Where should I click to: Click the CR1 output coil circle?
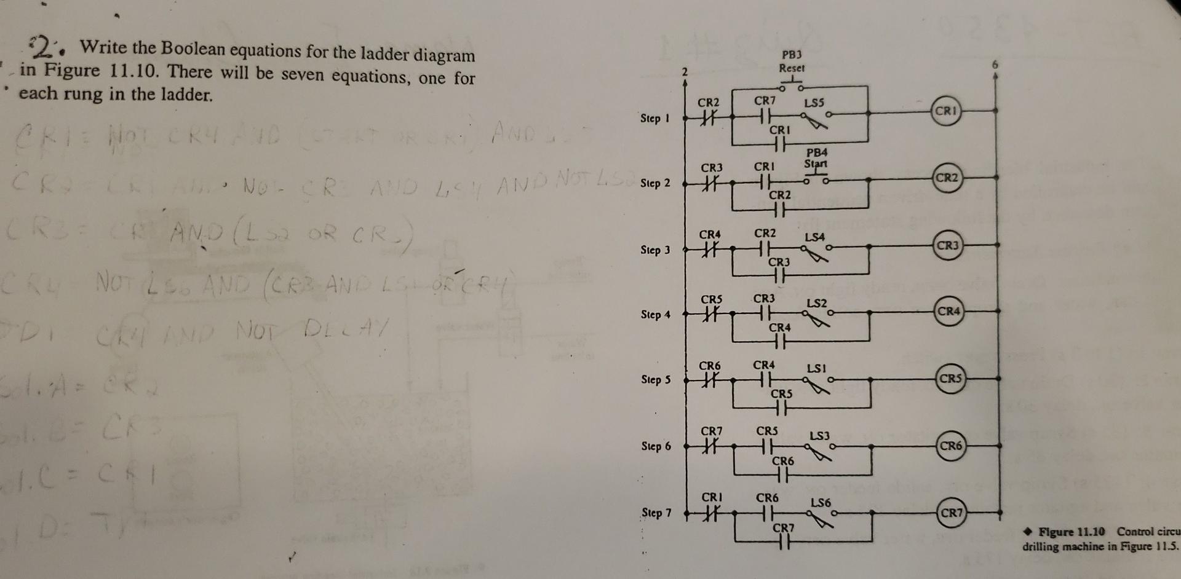tap(946, 112)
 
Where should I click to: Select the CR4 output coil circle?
tap(948, 311)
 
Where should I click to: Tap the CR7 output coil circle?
tap(951, 512)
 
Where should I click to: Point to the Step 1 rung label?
tap(655, 118)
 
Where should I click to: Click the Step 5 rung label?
tap(656, 380)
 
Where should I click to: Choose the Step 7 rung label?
tap(656, 513)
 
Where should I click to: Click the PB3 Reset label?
tap(792, 61)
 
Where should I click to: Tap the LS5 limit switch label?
tap(814, 103)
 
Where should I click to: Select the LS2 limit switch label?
tap(817, 303)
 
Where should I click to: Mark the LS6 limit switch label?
tap(821, 503)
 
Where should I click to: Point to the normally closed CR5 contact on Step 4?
tap(710, 315)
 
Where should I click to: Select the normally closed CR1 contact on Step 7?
tap(712, 512)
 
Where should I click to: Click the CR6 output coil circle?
tap(950, 446)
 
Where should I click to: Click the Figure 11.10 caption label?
tap(1072, 532)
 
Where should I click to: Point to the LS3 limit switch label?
tap(819, 436)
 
